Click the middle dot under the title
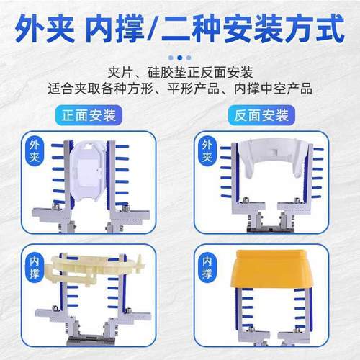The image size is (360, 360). tap(179, 54)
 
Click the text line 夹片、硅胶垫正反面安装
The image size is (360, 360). tap(179, 73)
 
